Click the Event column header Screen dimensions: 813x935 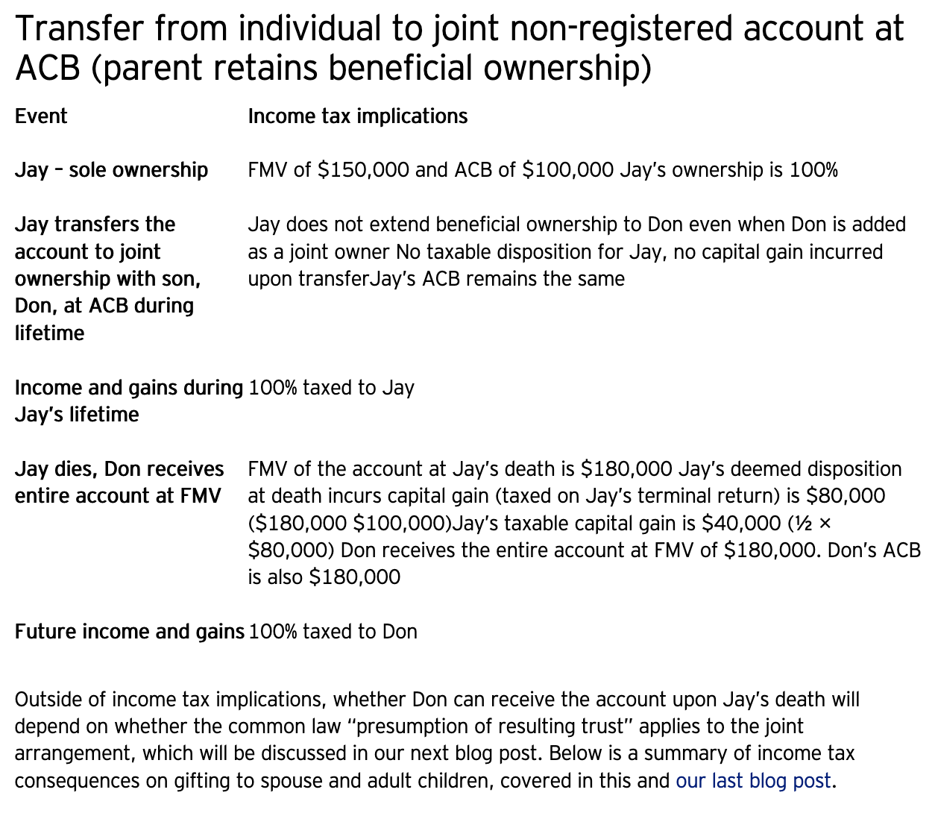(41, 116)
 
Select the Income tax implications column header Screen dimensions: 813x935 (357, 116)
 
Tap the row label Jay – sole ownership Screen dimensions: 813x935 (111, 170)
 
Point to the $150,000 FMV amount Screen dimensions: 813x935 (363, 170)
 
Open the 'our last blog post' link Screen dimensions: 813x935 (753, 781)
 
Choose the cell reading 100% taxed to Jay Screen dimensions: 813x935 (331, 388)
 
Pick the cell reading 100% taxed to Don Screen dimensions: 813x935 (333, 632)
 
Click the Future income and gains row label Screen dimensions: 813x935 (130, 632)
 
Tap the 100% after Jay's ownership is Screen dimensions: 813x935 (813, 170)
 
